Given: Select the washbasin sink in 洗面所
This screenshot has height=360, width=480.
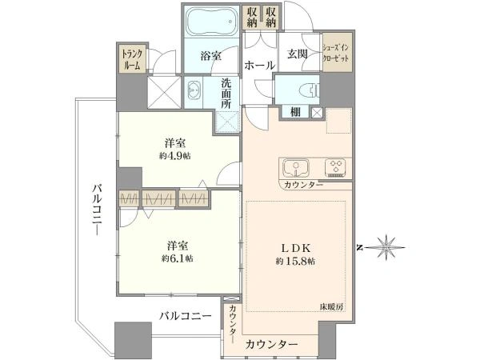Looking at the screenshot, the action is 193,90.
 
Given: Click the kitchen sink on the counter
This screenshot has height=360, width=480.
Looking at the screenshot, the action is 295,168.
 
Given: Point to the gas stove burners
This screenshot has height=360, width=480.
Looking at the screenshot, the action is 335,167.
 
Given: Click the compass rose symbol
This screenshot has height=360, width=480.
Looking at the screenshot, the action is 386,247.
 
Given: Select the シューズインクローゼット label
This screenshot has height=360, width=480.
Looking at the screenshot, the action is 336,54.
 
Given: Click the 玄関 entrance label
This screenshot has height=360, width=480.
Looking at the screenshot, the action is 297,54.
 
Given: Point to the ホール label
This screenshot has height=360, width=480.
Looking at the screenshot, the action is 260,65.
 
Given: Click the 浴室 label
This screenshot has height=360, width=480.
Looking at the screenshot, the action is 211,56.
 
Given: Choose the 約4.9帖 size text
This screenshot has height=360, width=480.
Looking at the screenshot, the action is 174,156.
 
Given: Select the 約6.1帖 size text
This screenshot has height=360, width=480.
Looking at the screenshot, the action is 178,258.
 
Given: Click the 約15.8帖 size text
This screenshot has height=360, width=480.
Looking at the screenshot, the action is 295,261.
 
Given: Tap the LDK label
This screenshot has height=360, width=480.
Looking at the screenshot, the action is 296,248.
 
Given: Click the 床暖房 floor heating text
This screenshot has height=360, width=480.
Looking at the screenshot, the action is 331,306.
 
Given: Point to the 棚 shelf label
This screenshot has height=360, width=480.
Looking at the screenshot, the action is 295,112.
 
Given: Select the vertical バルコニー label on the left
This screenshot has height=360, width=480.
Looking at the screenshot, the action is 98,210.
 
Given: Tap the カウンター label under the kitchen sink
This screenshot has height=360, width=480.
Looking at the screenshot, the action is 303,185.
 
